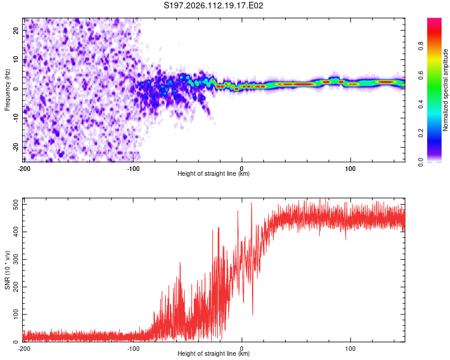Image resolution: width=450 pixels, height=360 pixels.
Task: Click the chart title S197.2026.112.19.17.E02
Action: [x=214, y=6]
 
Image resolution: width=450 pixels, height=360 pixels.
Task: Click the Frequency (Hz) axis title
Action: [x=8, y=90]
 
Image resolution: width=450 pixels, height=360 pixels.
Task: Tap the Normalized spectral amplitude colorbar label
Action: [x=446, y=90]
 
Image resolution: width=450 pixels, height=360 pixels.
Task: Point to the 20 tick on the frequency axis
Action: [x=16, y=31]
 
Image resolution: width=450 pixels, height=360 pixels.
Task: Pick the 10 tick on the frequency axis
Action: [x=16, y=60]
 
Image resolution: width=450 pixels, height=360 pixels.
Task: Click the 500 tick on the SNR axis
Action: [x=14, y=205]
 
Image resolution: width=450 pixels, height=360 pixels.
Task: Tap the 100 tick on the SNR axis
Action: [x=14, y=314]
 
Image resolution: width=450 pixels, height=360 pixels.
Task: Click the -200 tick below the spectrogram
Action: [x=24, y=169]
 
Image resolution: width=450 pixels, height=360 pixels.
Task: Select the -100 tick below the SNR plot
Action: [x=133, y=349]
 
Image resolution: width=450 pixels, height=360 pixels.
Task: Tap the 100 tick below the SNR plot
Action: [x=350, y=349]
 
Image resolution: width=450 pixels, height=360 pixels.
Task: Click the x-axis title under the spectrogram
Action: [x=214, y=174]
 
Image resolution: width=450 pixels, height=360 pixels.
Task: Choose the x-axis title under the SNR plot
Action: [x=214, y=354]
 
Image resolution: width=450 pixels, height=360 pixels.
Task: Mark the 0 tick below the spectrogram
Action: [x=242, y=169]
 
